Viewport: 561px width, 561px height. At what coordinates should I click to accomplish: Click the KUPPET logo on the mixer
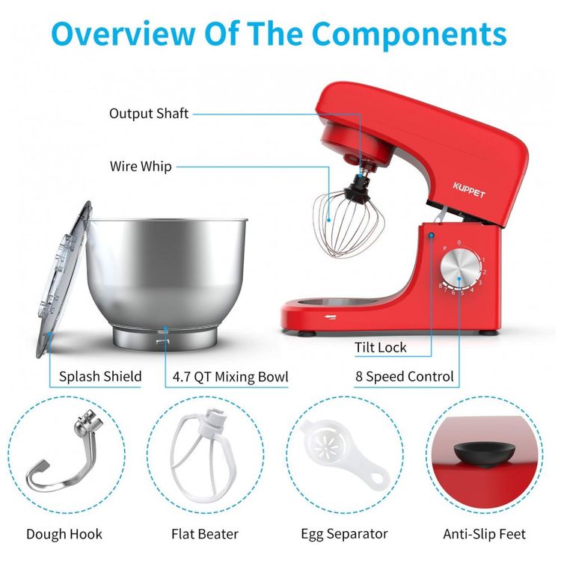click(x=469, y=190)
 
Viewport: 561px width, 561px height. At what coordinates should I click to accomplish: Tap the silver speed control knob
click(x=460, y=268)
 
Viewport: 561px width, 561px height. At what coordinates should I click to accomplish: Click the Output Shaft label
click(x=149, y=114)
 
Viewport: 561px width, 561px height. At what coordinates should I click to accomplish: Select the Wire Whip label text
click(x=141, y=166)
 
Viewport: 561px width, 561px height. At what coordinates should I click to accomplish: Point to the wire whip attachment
click(x=348, y=222)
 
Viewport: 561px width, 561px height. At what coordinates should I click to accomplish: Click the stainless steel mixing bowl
click(x=167, y=283)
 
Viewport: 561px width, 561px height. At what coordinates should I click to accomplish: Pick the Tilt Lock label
click(x=380, y=347)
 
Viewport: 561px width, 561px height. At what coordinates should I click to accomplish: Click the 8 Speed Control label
click(x=404, y=376)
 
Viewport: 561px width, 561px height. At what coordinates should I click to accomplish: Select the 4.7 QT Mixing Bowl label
click(x=230, y=377)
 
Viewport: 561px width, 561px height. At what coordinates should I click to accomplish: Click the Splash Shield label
click(x=100, y=376)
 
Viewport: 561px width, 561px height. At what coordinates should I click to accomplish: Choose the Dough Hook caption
click(x=64, y=534)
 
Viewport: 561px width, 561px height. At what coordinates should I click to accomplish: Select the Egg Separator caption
click(x=344, y=534)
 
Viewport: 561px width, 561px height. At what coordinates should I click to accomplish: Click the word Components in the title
click(x=409, y=34)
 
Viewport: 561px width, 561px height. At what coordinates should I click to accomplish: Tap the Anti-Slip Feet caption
click(x=485, y=534)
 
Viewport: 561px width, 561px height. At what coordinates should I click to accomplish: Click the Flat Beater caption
click(x=205, y=534)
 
